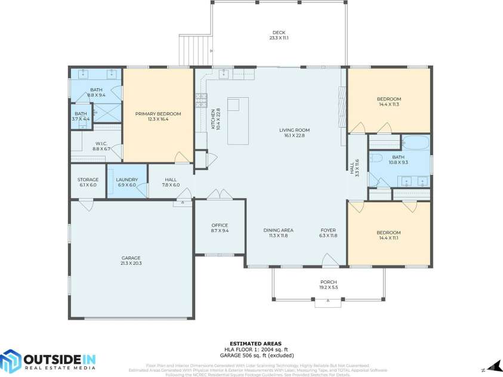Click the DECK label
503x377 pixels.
pos(279,32)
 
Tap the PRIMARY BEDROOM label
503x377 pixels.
pos(158,113)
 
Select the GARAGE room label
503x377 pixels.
pos(131,258)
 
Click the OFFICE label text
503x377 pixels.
pos(220,225)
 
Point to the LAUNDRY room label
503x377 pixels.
pos(126,179)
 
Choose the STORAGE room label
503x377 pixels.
pos(87,179)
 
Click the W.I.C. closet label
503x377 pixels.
pos(100,143)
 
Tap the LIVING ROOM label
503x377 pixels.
pos(294,129)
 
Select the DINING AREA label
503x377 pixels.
pos(278,230)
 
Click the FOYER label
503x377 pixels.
pos(328,230)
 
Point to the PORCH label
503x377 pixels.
pos(328,282)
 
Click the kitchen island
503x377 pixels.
pos(240,121)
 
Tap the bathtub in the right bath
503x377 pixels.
pos(415,143)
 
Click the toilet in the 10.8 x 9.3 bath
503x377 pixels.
pos(375,158)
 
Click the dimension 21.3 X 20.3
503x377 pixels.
pos(131,263)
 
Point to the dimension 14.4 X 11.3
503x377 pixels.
pos(388,104)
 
